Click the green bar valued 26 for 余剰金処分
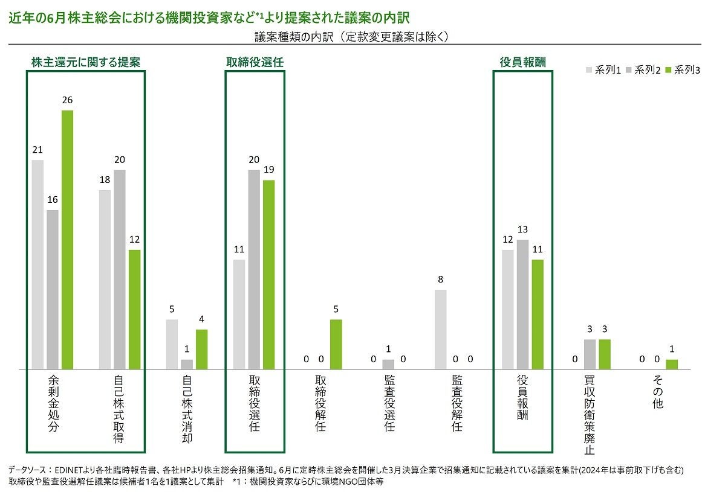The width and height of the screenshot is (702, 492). point(67,240)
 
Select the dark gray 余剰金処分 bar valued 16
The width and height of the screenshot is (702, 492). point(53,289)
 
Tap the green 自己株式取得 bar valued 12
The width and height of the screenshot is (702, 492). point(134,309)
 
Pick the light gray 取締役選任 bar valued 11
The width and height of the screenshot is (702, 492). point(239,314)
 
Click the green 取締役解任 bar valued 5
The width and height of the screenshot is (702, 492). point(336,344)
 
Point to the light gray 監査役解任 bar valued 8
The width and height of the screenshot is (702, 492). point(441,329)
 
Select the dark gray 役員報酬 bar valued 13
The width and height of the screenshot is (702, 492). point(522,304)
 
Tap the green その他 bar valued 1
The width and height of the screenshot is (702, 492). point(672,364)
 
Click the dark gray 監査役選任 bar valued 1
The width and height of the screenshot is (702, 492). point(388,364)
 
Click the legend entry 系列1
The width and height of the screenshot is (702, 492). point(603,70)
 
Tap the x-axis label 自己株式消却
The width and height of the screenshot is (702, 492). point(187,409)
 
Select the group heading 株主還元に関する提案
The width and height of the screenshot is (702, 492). point(86,62)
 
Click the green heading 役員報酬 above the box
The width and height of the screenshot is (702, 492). point(523,62)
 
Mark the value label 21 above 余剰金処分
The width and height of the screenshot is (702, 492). point(37,149)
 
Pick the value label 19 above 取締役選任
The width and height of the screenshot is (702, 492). point(269,170)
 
